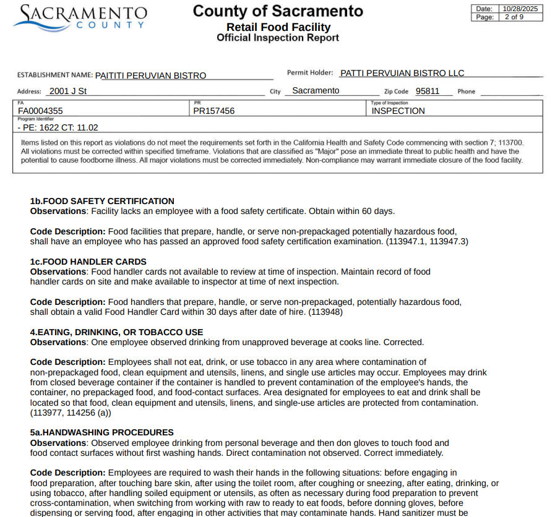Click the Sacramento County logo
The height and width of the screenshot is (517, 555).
[x=80, y=17]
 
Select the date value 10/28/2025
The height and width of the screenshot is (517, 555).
[x=520, y=9]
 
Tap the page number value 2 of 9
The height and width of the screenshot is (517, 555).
[x=514, y=17]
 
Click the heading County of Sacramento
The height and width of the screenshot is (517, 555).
[x=278, y=11]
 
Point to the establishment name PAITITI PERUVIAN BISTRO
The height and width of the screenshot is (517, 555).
[x=150, y=75]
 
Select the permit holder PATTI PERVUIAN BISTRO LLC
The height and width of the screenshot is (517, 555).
[x=402, y=73]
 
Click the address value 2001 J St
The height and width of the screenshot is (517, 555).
[x=68, y=91]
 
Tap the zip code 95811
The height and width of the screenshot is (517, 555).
[x=428, y=91]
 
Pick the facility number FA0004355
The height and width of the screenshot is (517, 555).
[x=40, y=111]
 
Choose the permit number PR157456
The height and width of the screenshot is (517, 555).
[x=214, y=111]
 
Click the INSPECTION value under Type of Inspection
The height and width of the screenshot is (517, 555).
[x=398, y=111]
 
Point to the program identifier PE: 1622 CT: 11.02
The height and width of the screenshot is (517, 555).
[x=58, y=127]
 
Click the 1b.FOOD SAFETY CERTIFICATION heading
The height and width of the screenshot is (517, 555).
[x=102, y=201]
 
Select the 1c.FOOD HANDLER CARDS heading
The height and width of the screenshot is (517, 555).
[x=88, y=262]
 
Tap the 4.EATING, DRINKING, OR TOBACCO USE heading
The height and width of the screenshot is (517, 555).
[x=116, y=332]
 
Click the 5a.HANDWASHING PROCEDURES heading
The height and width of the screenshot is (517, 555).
[x=101, y=432]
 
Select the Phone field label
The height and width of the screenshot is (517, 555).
[x=467, y=92]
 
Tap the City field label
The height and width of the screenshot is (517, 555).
[x=275, y=92]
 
